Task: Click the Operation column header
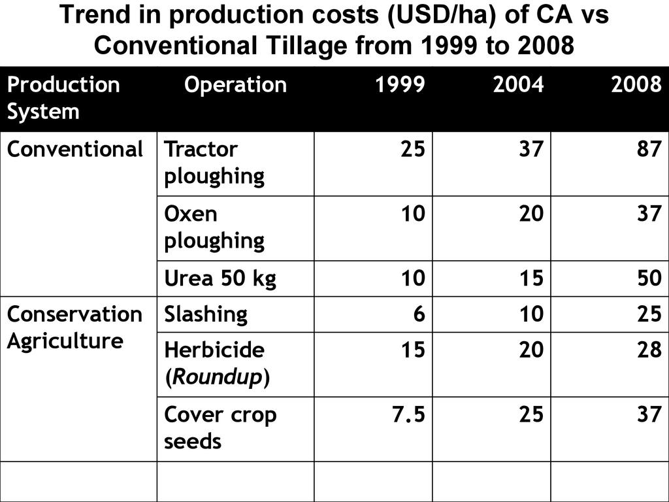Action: click(235, 86)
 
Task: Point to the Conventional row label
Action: click(74, 150)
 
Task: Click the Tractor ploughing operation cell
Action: click(214, 163)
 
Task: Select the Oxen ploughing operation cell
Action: click(214, 227)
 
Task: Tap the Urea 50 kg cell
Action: click(220, 279)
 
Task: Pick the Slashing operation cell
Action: click(206, 314)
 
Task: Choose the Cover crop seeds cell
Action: click(220, 428)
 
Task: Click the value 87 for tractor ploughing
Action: click(649, 150)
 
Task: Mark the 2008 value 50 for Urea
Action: click(649, 279)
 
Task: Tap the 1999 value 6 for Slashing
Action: click(419, 314)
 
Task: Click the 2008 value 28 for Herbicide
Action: click(649, 350)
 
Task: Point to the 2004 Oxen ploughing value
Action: click(530, 214)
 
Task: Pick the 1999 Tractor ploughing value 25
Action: click(412, 150)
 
